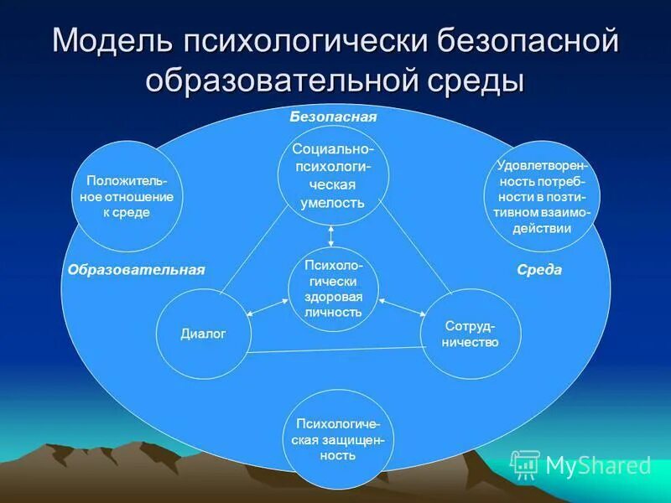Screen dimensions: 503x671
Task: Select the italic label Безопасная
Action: coord(333,117)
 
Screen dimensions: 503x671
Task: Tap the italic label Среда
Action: coord(539,270)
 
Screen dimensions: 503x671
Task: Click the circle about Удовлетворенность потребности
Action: coord(543,196)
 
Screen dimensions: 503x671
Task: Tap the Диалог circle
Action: coord(203,334)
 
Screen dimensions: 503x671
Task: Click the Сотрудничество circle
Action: coord(471,334)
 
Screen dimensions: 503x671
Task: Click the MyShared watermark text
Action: coord(597,465)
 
